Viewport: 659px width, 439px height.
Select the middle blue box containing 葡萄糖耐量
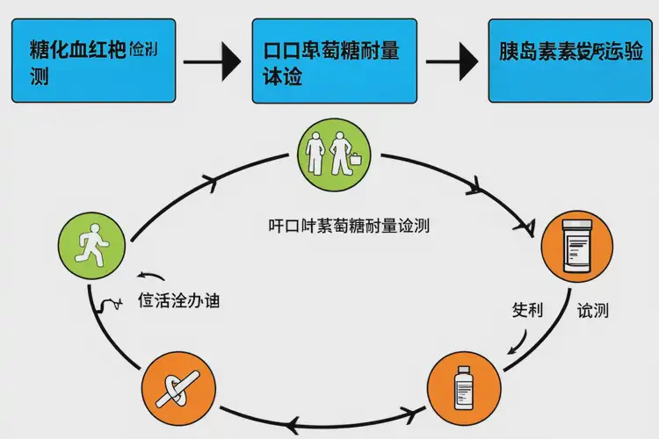tap(332, 59)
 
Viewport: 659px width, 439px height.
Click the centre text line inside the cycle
tap(349, 225)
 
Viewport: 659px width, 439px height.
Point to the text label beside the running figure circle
tap(178, 300)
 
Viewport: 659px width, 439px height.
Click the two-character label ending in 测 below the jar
tap(594, 310)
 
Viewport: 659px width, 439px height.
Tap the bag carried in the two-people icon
tap(358, 162)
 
